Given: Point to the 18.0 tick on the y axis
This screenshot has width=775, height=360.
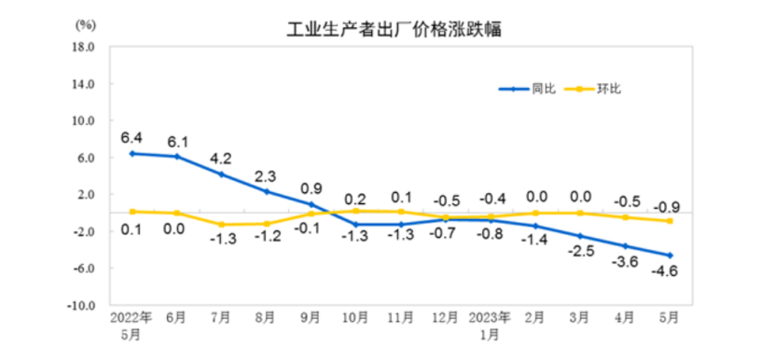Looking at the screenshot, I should pos(84,47).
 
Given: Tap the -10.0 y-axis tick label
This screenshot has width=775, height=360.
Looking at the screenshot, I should pos(82,305).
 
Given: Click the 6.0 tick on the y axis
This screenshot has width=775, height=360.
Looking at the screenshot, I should pos(86,158).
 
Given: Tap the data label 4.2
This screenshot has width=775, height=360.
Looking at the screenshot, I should pos(221,158).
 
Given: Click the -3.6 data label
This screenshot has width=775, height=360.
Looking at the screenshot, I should pos(623,263).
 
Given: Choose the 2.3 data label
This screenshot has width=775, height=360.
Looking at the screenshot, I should pos(266,175).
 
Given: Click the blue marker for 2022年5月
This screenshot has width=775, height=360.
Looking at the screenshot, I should pos(132,153).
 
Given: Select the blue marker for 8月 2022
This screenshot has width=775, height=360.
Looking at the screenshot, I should pos(267,191).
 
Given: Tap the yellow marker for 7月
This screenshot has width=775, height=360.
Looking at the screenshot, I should pos(222,225).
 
